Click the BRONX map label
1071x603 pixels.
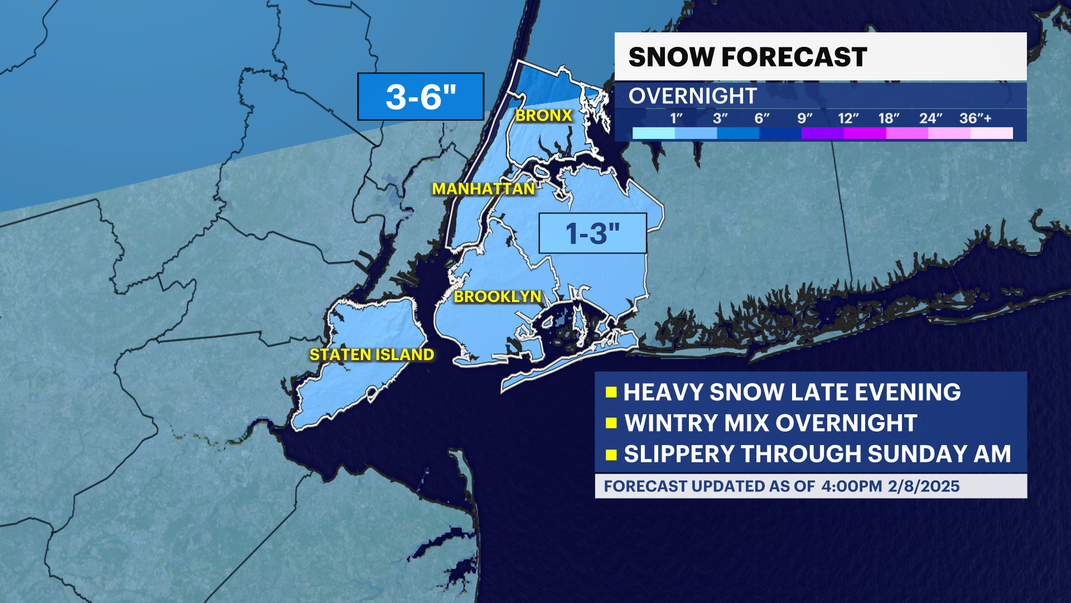pos(544,116)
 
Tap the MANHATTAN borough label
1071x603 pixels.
pos(484,189)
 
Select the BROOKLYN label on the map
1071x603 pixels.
pos(498,296)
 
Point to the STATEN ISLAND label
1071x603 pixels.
pos(372,355)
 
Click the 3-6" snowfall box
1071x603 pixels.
pos(421,97)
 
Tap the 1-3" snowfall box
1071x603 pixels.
pos(592,233)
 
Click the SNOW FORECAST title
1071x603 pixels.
pos(747,57)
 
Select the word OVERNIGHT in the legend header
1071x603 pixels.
pos(692,96)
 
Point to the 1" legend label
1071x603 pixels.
pos(676,118)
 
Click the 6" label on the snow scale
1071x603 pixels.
pos(761,118)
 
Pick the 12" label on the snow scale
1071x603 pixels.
pos(848,118)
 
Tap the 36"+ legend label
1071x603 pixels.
pos(975,118)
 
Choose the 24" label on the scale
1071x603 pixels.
pos(930,118)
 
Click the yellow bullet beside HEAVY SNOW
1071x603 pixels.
pos(611,392)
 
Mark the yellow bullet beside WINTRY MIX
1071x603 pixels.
pos(611,423)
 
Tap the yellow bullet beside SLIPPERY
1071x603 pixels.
pos(611,454)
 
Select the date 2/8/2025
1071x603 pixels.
pos(924,486)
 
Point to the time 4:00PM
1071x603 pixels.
pos(851,486)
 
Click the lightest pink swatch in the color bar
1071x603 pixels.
pos(991,133)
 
